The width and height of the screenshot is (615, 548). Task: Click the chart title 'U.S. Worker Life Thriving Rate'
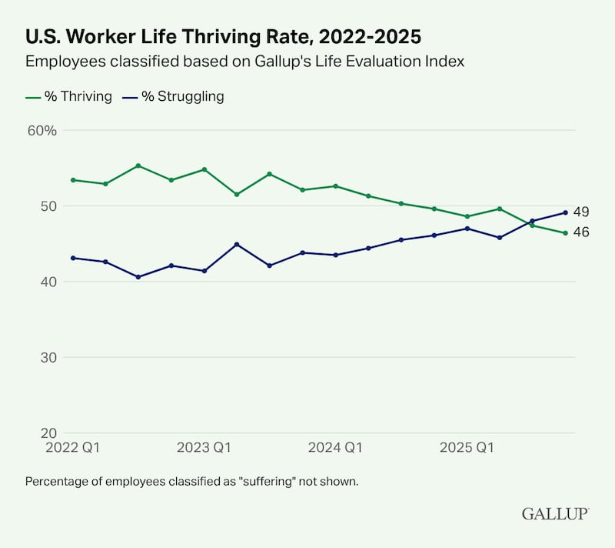223,36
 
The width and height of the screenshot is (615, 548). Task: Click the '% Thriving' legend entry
69,97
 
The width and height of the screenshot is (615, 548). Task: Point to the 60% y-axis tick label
42,130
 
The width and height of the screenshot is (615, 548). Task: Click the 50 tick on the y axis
48,206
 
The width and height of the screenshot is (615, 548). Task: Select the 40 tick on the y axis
48,282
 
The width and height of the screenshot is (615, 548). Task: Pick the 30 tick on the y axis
48,357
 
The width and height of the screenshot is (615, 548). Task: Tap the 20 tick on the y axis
48,433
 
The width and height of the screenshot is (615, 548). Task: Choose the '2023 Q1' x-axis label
204,447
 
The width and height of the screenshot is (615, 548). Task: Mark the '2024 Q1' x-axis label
336,447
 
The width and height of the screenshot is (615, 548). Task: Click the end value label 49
582,212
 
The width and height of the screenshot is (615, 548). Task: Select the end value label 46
582,232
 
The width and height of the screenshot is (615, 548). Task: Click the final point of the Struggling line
566,212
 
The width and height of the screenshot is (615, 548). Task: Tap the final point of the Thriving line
566,233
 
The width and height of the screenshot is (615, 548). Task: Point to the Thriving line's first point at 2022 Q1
72,180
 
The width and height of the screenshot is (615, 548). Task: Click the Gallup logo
555,513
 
